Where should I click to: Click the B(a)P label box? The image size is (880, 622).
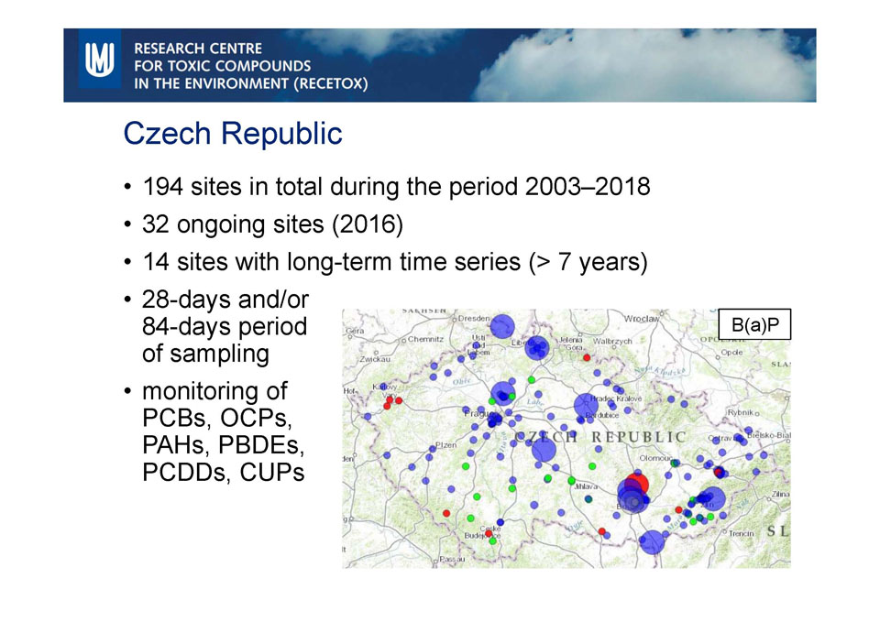[x=753, y=324]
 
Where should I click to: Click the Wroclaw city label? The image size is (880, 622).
[x=642, y=319]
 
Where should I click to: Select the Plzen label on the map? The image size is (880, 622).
[x=445, y=445]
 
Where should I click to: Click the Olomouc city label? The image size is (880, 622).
[x=658, y=455]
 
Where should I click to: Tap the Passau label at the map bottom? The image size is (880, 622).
[x=451, y=559]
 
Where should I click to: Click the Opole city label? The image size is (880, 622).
[x=731, y=352]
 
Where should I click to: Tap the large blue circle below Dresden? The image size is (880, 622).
[x=502, y=326]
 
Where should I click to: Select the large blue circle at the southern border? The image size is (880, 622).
[x=652, y=542]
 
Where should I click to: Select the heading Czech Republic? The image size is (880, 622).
[x=233, y=134]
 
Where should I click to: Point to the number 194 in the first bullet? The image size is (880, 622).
[x=162, y=187]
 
